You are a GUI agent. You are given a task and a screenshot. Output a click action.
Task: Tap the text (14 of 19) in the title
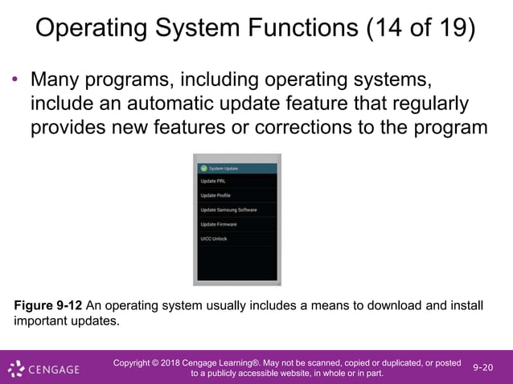(420, 30)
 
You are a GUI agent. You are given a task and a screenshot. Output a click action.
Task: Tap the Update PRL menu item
(213, 181)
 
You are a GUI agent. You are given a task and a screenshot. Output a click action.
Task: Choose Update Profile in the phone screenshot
(215, 195)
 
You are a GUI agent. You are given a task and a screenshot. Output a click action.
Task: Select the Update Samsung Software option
(228, 210)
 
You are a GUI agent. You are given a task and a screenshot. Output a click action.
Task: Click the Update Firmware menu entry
(218, 224)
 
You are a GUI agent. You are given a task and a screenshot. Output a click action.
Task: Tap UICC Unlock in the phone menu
(215, 239)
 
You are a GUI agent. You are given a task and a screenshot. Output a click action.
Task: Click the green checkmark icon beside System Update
(203, 169)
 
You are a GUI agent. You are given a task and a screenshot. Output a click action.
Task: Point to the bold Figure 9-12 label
(47, 305)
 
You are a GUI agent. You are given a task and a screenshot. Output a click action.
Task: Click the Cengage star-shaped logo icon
(17, 369)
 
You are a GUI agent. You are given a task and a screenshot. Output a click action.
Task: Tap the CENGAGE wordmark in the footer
(55, 370)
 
